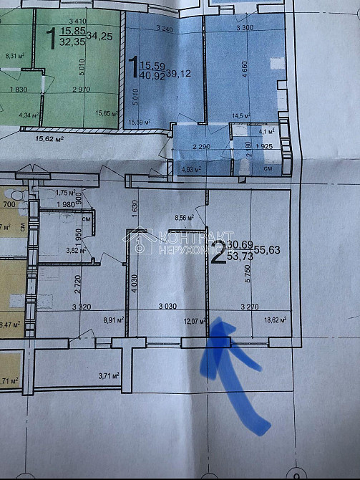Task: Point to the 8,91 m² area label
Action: click(115, 321)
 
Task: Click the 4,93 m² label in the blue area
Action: click(190, 170)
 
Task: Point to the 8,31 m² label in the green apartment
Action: click(14, 55)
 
